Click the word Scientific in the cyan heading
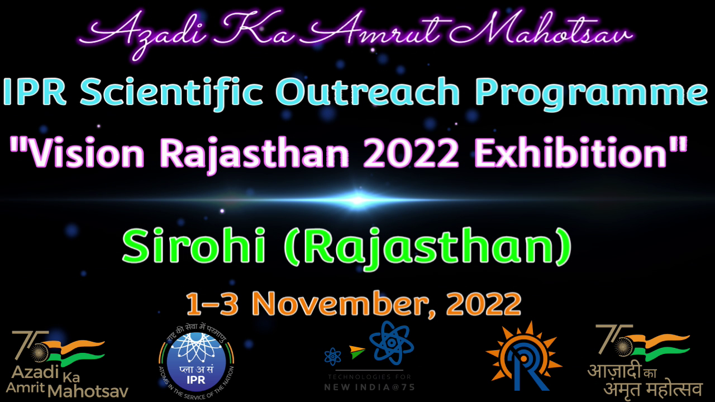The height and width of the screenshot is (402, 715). pos(171,93)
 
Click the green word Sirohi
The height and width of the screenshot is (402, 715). pos(194,245)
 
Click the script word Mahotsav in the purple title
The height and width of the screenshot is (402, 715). pos(541,28)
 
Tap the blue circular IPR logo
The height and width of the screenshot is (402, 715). pos(196,362)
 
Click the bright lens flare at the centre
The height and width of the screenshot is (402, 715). pos(357,200)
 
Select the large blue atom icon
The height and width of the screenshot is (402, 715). pos(392,343)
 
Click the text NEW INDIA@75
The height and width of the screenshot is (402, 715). pos(370,387)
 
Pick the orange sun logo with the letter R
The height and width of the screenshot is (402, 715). pos(523,356)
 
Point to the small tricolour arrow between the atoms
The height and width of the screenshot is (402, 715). pos(357,352)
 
